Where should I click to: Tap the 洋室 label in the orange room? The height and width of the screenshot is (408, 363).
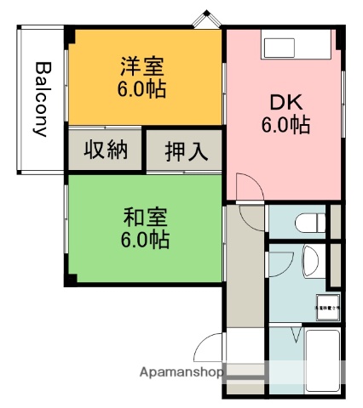(141, 65)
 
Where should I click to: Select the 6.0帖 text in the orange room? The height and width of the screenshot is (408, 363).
(141, 88)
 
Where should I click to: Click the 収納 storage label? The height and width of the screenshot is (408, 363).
(106, 150)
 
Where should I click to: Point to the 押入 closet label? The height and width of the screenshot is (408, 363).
(185, 152)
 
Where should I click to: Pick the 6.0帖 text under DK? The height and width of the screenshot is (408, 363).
(285, 126)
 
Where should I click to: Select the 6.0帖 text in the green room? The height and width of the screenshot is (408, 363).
(145, 240)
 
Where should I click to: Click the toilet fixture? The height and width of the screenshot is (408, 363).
(309, 223)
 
